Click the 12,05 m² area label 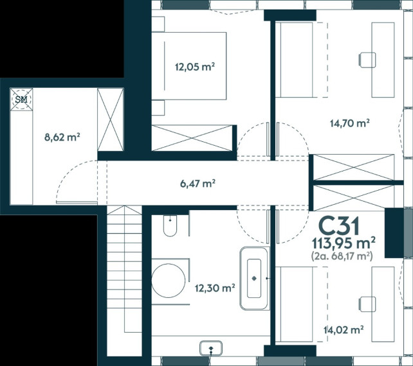(195, 67)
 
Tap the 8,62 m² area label (62, 137)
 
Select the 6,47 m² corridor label (197, 184)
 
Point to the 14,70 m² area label (350, 123)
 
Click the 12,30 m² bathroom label (215, 288)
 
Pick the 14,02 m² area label (344, 329)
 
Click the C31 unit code (339, 227)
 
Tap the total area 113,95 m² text (344, 243)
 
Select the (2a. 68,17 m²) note (342, 256)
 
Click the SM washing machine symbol (21, 100)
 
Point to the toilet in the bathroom (170, 225)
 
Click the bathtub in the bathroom (255, 279)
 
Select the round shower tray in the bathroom (169, 281)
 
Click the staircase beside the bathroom (125, 268)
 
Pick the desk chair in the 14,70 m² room (367, 60)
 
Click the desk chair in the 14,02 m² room (367, 304)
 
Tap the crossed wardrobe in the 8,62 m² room (111, 119)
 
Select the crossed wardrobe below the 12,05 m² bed (192, 138)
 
